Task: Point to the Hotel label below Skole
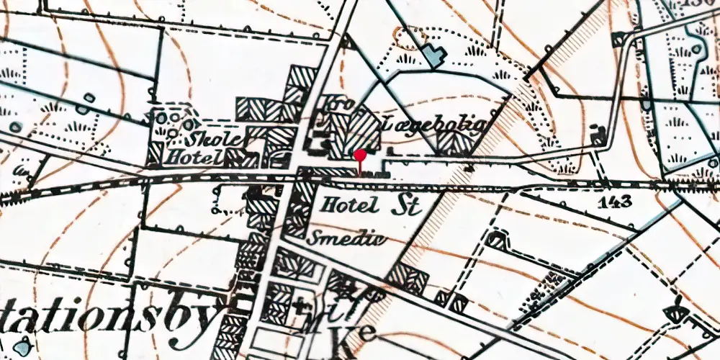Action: (x=192, y=156)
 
